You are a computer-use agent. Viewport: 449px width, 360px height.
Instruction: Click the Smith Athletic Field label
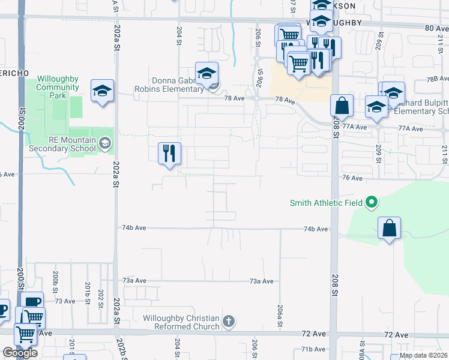pos(326,203)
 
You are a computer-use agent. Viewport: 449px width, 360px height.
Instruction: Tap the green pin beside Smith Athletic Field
pos(372,202)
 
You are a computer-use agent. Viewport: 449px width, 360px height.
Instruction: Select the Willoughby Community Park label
pos(58,87)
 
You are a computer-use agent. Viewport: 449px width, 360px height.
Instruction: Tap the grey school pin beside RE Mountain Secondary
pos(106,142)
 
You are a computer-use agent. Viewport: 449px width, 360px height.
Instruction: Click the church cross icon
pos(228,322)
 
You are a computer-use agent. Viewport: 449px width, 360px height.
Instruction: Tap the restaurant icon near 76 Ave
pos(169,153)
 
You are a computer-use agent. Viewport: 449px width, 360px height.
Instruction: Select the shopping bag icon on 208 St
pos(342,106)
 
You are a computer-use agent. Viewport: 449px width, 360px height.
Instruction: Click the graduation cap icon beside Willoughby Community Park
pos(102,91)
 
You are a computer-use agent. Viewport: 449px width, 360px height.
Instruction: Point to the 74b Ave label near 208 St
pos(316,229)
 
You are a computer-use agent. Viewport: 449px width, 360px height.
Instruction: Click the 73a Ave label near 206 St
pos(262,281)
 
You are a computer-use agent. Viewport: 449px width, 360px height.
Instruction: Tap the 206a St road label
pos(280,314)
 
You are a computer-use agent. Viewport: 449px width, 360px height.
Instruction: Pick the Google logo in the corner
pos(20,353)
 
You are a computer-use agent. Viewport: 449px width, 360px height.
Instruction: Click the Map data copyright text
pos(423,355)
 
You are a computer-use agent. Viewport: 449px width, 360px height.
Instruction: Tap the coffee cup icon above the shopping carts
pos(31,301)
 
